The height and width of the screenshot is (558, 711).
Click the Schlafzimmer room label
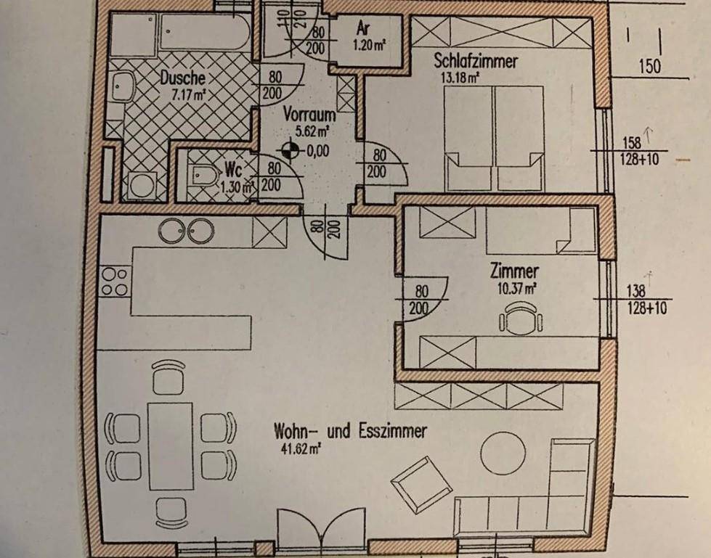click(476, 60)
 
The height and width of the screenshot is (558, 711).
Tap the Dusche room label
click(183, 78)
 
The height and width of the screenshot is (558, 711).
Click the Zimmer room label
click(514, 272)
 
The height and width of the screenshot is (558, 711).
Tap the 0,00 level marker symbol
click(291, 150)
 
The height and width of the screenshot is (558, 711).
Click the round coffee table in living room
click(500, 451)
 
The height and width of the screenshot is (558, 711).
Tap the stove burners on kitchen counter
click(115, 282)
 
